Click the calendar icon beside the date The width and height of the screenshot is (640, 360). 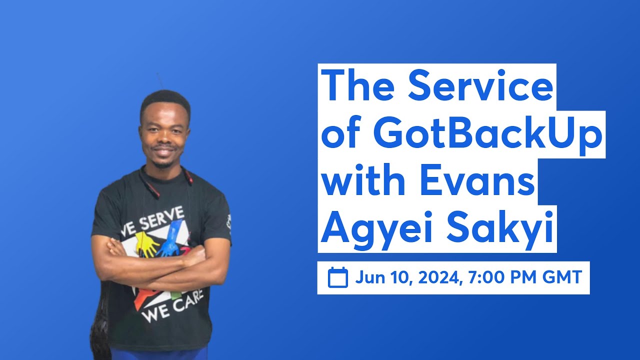[x=337, y=277]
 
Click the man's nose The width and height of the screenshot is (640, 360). [x=164, y=136]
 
